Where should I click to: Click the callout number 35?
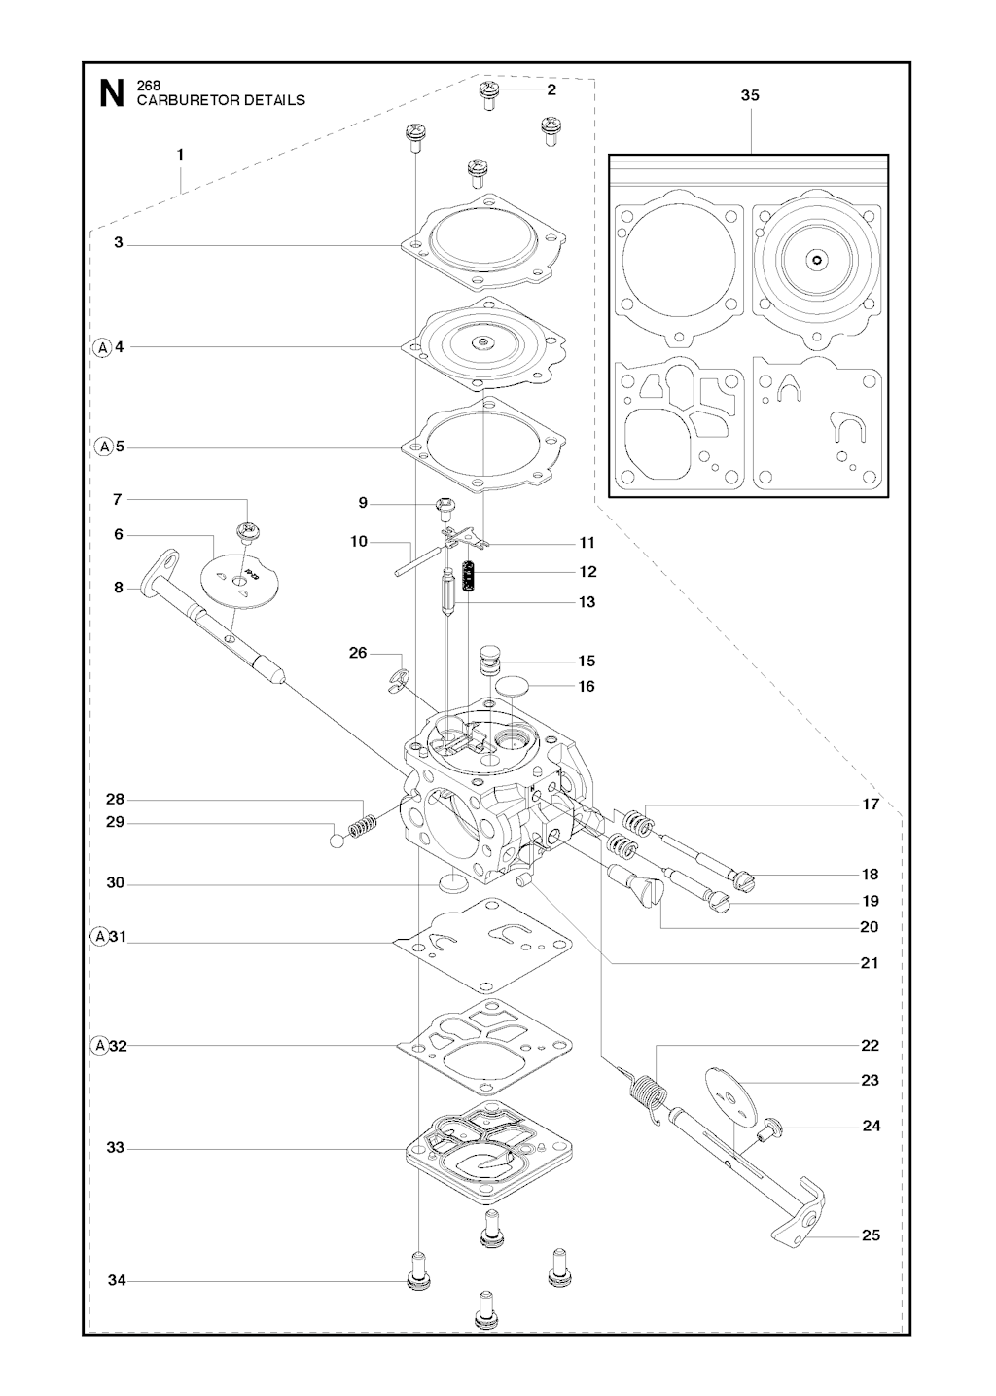click(750, 95)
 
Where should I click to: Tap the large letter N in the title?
click(112, 94)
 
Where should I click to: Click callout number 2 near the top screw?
click(551, 89)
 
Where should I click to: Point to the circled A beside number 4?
click(102, 346)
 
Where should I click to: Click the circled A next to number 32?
click(99, 1046)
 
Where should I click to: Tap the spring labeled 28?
click(362, 828)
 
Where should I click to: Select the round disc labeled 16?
click(514, 686)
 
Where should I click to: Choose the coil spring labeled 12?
click(470, 578)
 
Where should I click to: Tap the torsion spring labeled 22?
click(651, 1095)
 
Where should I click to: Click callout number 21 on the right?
click(869, 963)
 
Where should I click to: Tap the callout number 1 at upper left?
click(180, 154)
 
